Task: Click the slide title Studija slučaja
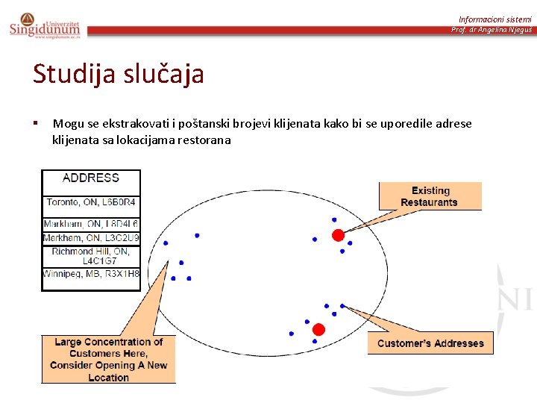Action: coord(118,75)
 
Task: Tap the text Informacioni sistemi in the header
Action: coord(494,19)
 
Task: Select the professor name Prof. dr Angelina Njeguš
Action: coord(491,30)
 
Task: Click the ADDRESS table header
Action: coord(91,178)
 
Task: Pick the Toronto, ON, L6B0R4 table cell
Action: coord(91,202)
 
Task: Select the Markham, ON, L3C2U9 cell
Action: coord(91,238)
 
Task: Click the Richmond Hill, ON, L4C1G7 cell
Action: coord(91,256)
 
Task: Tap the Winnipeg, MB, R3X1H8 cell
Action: coord(91,274)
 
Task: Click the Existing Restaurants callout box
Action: coord(430,196)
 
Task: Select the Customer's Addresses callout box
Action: coord(430,343)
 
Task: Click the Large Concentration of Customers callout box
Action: coord(108,359)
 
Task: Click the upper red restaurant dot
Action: coord(338,235)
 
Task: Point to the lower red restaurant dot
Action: coord(318,329)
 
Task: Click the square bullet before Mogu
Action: coord(35,122)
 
